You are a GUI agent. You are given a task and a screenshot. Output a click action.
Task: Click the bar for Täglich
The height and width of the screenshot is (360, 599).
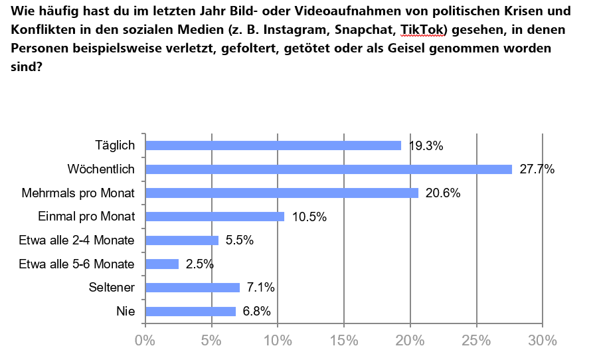tap(273, 145)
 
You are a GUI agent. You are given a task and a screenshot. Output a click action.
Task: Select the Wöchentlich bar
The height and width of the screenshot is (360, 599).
tap(329, 169)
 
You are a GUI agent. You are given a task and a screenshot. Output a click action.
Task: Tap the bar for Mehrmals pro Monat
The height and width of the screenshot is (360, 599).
tap(282, 193)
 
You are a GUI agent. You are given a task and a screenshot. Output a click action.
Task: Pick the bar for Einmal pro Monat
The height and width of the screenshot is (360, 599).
tap(214, 217)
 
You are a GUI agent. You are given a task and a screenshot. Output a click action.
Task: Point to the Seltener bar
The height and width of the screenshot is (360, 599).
tap(192, 288)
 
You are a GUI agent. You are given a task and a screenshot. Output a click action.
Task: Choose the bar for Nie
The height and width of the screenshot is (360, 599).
tap(190, 312)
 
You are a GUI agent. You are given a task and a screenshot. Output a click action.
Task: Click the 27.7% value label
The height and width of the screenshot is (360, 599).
tap(537, 169)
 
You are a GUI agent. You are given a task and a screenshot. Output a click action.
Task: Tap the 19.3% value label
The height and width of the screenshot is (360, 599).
tap(426, 145)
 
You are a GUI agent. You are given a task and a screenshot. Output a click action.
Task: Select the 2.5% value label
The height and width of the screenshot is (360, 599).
tap(199, 264)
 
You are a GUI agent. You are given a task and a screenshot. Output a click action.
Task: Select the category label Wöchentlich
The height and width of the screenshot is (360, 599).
tap(102, 169)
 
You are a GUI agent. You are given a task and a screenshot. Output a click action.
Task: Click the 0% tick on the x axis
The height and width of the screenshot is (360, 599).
tap(145, 341)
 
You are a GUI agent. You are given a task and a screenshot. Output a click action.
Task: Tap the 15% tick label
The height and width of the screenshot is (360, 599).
tap(344, 341)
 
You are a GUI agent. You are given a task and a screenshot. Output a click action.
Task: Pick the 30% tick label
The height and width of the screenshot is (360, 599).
tap(543, 341)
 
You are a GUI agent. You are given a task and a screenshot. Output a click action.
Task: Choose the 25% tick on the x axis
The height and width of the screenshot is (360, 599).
tap(476, 341)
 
